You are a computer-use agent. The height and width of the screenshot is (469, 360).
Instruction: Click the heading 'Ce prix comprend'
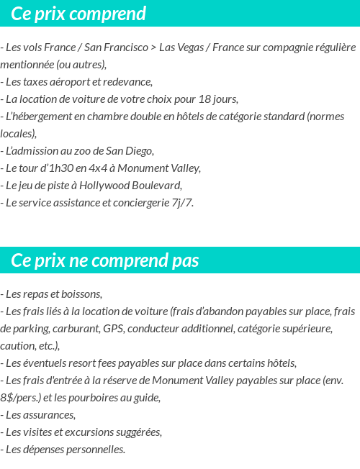click(78, 14)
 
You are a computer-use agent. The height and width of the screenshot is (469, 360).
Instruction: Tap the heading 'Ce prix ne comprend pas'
click(105, 260)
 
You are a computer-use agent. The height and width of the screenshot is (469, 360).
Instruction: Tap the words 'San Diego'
click(130, 151)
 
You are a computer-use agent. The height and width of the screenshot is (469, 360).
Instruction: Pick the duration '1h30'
click(68, 168)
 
